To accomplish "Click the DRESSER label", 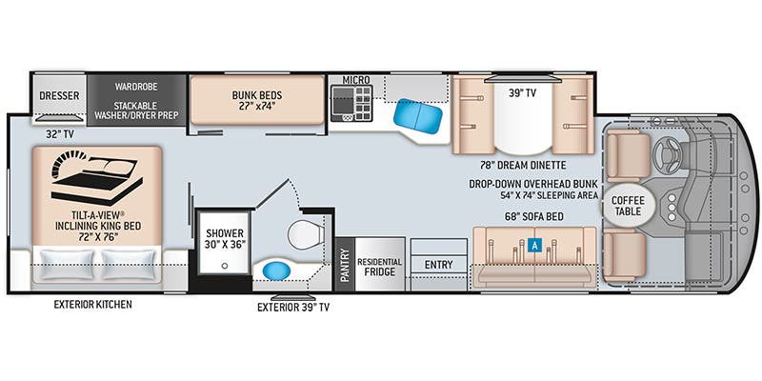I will (x=58, y=95).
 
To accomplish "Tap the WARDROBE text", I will (x=136, y=86).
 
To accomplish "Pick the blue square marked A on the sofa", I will (x=534, y=245).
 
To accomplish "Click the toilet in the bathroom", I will (x=304, y=231).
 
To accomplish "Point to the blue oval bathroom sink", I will (x=279, y=271).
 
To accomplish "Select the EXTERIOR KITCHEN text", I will (x=91, y=305).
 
